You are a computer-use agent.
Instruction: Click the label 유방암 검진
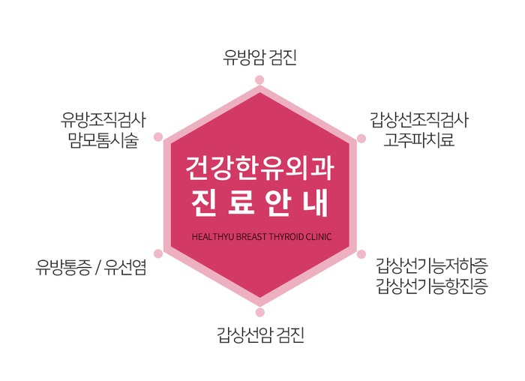(260, 57)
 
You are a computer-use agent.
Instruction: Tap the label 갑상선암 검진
(260, 334)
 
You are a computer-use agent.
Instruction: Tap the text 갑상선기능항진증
(433, 286)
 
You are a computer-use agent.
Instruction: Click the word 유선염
(124, 265)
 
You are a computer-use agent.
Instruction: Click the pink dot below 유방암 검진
(259, 79)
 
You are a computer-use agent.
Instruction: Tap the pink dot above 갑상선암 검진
(259, 311)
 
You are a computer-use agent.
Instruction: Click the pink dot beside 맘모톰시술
(158, 137)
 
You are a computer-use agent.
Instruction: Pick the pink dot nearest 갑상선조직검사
(361, 138)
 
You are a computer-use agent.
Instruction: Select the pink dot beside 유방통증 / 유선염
(158, 253)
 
